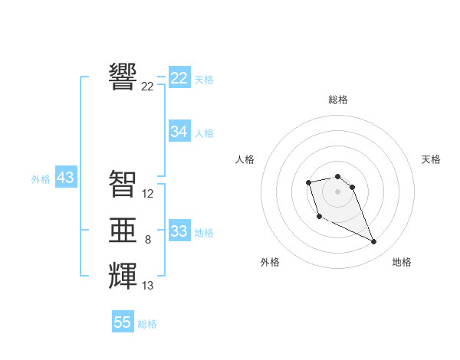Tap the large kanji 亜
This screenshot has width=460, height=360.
[123, 230]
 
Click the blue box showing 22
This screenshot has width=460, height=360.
[179, 78]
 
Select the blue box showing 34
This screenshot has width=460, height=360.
[179, 132]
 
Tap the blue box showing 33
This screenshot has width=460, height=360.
[179, 231]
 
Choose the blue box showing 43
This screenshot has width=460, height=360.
[65, 178]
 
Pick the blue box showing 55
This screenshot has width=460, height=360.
[123, 322]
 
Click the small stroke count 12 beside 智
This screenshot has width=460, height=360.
[148, 195]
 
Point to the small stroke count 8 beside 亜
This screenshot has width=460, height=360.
[148, 241]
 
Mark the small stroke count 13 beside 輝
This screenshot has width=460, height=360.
[148, 286]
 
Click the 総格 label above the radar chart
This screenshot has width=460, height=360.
[338, 100]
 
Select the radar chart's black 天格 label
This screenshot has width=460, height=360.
[431, 159]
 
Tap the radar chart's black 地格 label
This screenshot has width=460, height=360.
[402, 262]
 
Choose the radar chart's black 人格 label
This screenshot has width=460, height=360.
[245, 159]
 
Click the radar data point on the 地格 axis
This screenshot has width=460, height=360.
[374, 242]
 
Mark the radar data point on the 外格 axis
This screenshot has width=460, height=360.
[319, 217]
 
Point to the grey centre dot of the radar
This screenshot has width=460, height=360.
[337, 191]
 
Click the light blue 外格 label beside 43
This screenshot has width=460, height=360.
[41, 179]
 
